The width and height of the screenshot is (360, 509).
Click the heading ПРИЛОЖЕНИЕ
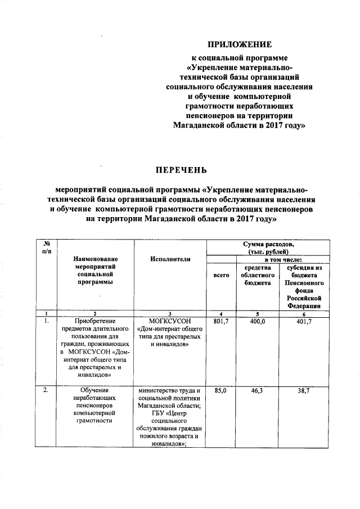[240, 44]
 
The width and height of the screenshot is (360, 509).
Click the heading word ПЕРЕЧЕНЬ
[181, 169]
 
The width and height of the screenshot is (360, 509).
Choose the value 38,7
[304, 389]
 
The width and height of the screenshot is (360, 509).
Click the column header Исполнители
[170, 259]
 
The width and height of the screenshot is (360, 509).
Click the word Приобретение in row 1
[96, 321]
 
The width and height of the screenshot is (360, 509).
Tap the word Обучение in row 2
[96, 389]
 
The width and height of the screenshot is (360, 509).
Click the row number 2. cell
[46, 389]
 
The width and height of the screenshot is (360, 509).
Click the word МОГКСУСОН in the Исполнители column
[170, 321]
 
